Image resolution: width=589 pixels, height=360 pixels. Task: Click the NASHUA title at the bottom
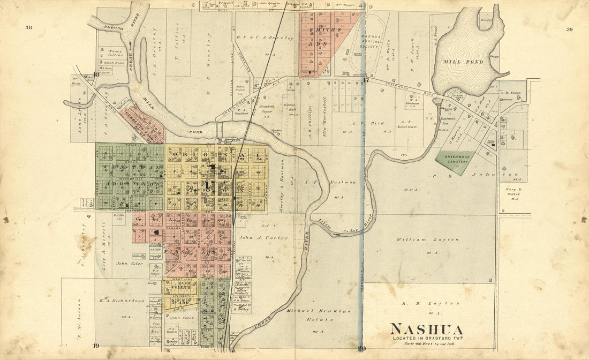click(x=426, y=329)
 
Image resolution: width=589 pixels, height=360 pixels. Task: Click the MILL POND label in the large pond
click(x=463, y=62)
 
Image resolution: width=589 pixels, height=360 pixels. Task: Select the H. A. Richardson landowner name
click(x=122, y=301)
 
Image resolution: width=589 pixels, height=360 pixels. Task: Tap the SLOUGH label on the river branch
click(x=102, y=25)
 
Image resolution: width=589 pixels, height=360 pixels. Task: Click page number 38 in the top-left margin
click(x=28, y=27)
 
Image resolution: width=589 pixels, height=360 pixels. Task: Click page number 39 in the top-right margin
click(x=569, y=29)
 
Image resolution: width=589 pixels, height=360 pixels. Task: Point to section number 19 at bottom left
click(x=96, y=346)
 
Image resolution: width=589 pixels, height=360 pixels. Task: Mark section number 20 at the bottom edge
click(x=362, y=349)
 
